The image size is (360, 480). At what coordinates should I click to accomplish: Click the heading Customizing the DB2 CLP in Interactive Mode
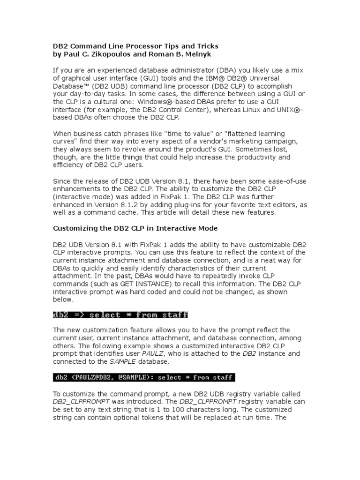(x=135, y=228)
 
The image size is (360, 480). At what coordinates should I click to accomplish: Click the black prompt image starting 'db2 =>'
(x=120, y=315)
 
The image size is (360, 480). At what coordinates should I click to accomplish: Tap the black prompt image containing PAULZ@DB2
(x=143, y=377)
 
